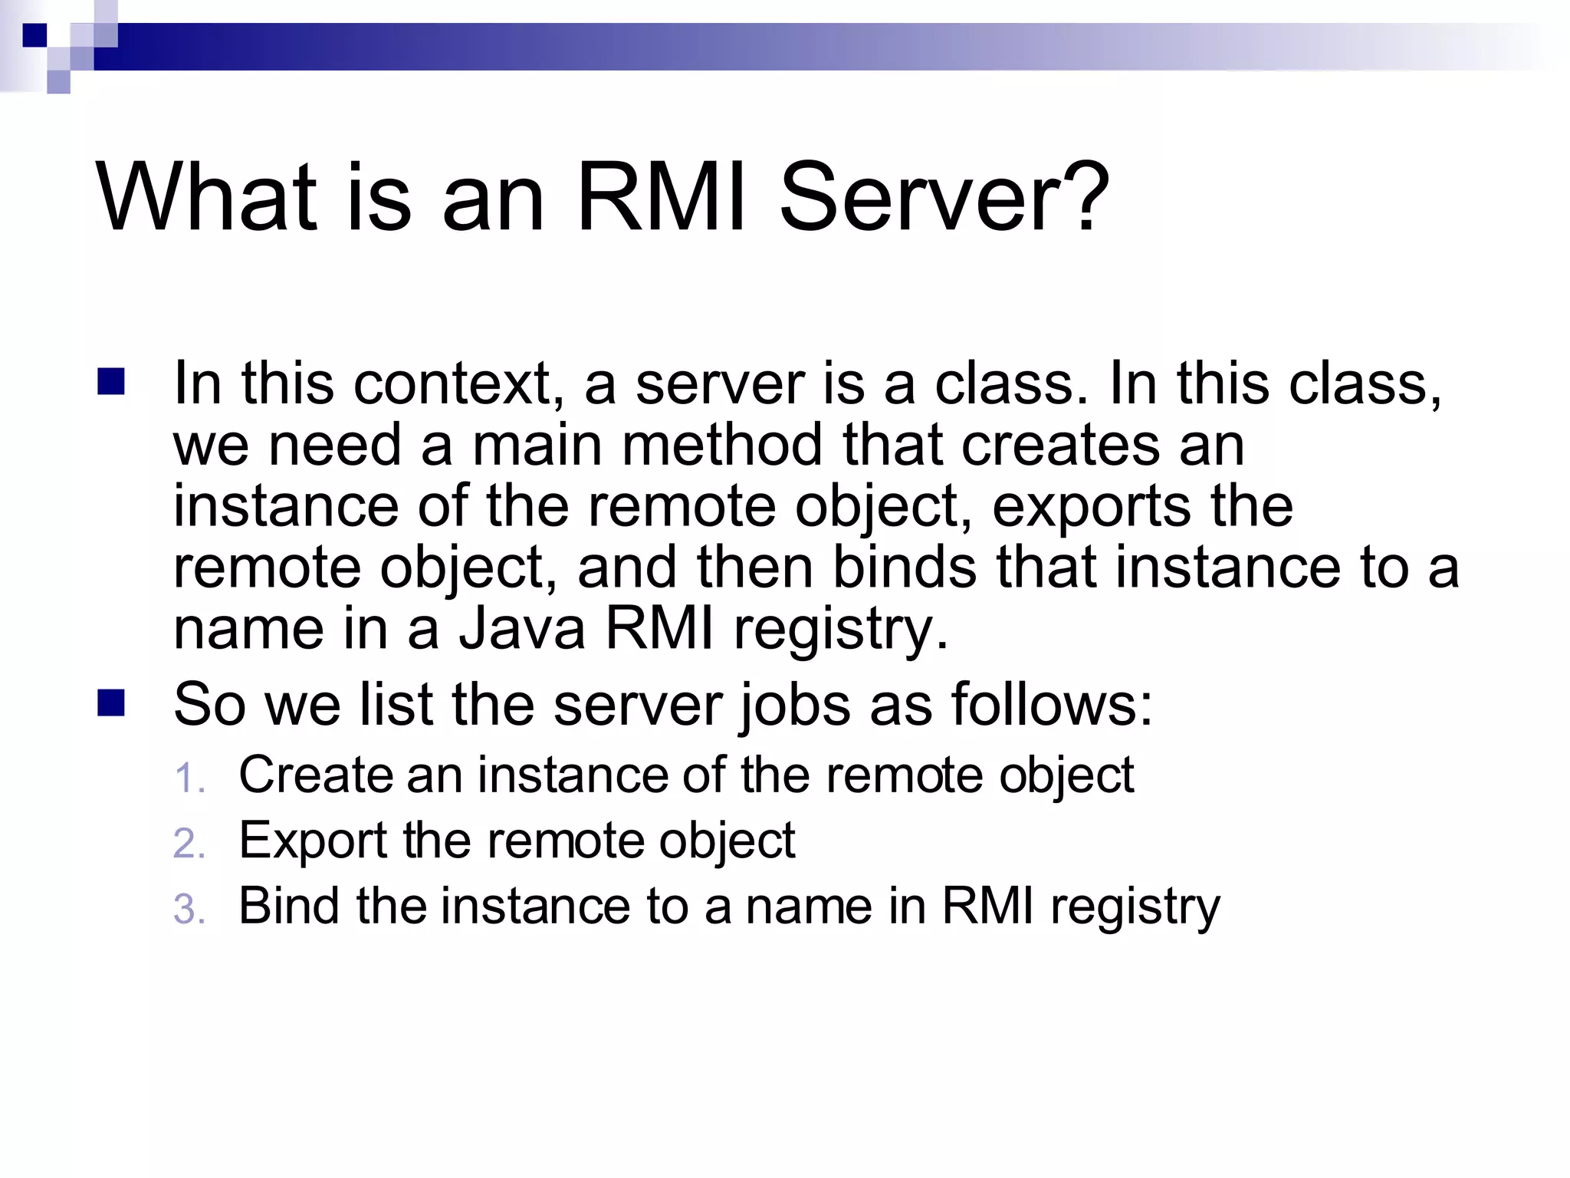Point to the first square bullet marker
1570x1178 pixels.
pos(111,381)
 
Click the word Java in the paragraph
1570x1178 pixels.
pos(522,629)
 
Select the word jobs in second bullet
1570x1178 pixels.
pos(795,705)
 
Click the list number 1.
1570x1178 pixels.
pos(189,778)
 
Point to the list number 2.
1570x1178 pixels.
pos(189,844)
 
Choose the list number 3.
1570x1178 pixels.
pos(189,910)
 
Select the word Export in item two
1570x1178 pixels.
pos(313,841)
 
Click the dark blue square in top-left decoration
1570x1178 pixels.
pos(34,35)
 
